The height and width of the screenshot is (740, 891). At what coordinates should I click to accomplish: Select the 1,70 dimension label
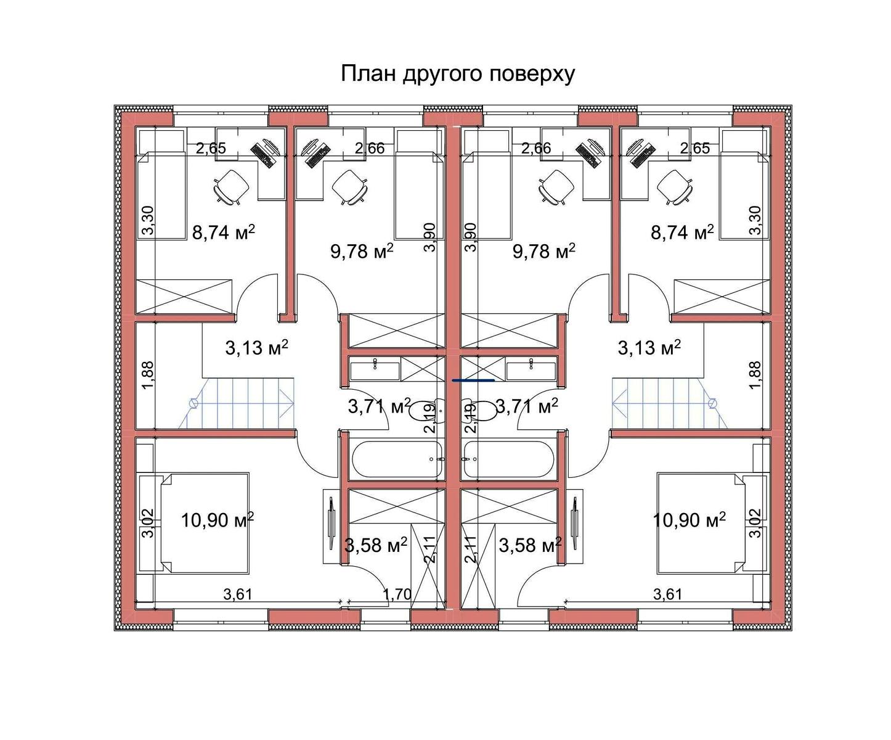397,594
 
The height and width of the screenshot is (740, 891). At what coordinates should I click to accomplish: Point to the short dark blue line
473,380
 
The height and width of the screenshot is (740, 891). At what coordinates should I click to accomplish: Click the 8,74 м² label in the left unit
224,232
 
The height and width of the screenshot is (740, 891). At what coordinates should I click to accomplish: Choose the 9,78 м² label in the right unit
543,252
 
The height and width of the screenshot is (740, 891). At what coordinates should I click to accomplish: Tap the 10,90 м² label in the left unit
218,520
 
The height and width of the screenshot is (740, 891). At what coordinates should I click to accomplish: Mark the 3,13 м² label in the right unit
649,348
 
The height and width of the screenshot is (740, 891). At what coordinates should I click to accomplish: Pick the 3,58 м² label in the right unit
530,545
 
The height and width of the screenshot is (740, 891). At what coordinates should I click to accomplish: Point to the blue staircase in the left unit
242,403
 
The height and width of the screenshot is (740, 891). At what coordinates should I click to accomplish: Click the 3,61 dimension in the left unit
238,594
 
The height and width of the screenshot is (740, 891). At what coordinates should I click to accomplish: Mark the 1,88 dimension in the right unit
754,375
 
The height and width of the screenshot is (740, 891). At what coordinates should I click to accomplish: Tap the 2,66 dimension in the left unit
370,148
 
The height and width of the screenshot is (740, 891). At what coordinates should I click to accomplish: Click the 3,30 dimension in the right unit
754,220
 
